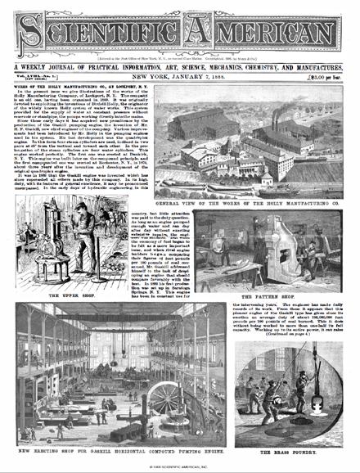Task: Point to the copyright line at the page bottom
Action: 180,467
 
